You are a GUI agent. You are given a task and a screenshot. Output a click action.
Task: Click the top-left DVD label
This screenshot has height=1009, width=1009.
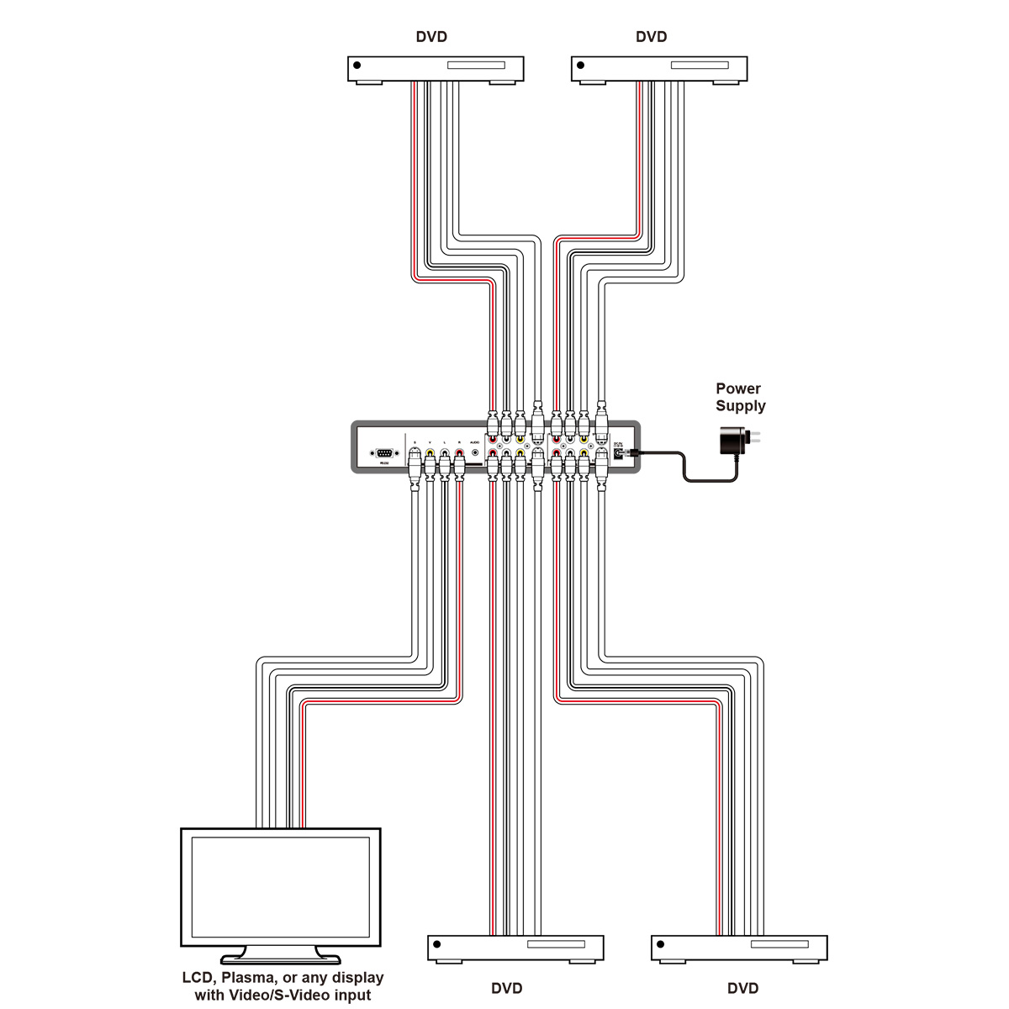(x=431, y=37)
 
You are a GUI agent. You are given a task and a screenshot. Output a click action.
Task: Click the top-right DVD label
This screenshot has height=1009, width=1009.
(x=652, y=37)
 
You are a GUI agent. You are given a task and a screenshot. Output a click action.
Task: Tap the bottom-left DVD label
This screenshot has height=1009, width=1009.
(x=506, y=988)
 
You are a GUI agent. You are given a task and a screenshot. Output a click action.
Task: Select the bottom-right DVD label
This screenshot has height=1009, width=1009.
(x=742, y=988)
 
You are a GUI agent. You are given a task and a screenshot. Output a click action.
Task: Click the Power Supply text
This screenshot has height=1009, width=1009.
(x=740, y=397)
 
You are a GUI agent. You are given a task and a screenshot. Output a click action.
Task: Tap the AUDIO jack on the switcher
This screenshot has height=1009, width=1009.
(x=474, y=452)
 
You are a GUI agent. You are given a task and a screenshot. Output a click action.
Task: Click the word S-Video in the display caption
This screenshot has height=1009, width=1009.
(x=299, y=996)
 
